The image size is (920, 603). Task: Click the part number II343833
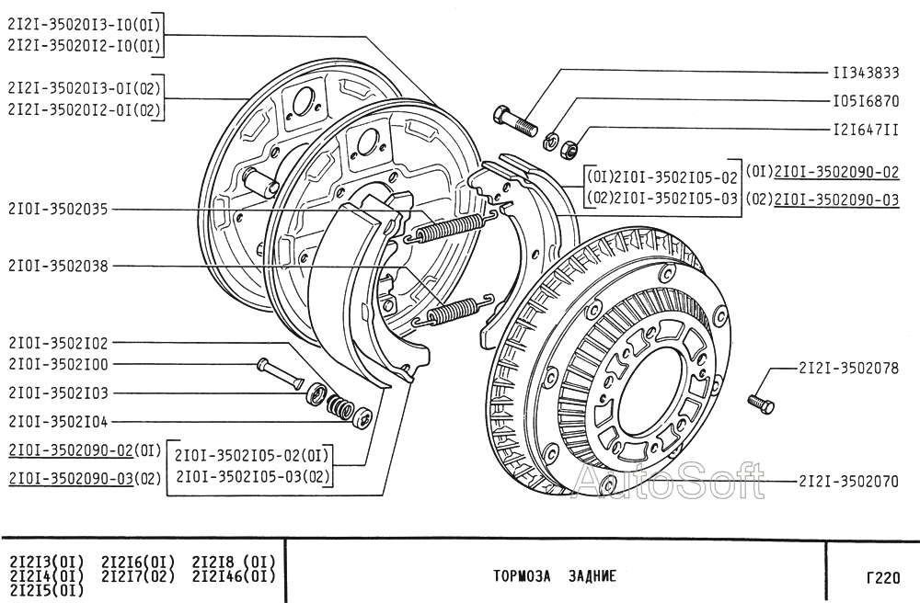[866, 72]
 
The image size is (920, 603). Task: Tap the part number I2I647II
[866, 130]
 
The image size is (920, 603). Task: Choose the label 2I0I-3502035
[58, 210]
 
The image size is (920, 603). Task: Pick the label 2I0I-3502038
[58, 267]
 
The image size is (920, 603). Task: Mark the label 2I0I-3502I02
[58, 343]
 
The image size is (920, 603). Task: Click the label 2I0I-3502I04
[58, 421]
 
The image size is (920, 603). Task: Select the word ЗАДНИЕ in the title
[590, 577]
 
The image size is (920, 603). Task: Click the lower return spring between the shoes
[453, 309]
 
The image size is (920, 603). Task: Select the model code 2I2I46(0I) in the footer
[234, 577]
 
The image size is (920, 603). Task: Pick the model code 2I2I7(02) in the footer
[138, 577]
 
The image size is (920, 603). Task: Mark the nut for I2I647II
[570, 145]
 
